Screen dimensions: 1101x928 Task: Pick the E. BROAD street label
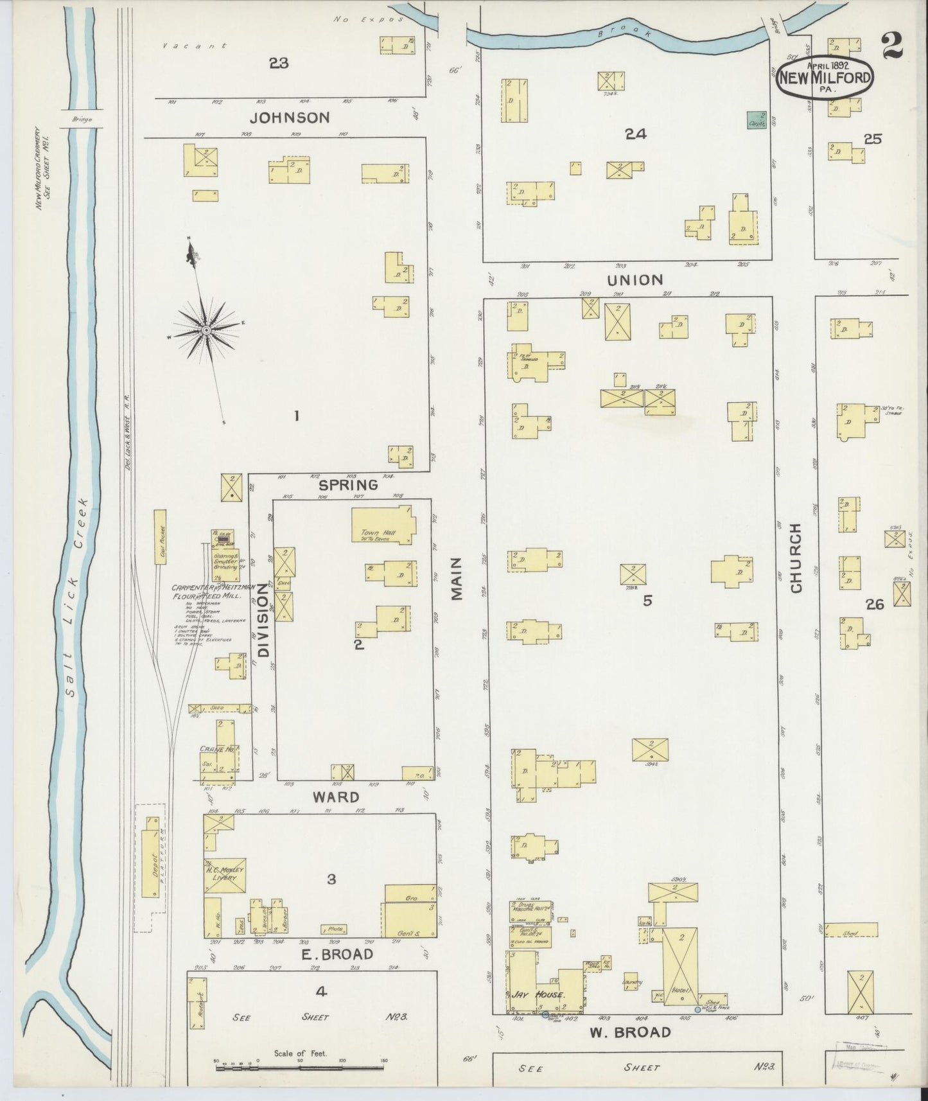[x=337, y=954]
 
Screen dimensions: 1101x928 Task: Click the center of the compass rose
[x=207, y=330]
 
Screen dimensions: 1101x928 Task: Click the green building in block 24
[x=757, y=119]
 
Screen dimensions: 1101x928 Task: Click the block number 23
[x=279, y=63]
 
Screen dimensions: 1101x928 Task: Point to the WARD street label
[x=335, y=797]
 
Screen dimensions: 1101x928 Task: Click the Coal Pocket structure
[x=160, y=537]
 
